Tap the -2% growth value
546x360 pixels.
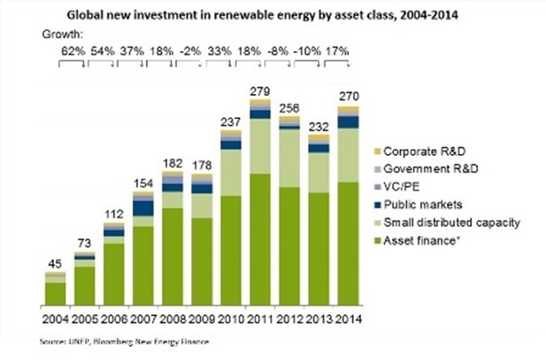click(x=188, y=51)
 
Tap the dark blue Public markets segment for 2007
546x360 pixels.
click(x=143, y=207)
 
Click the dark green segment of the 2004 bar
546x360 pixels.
click(x=55, y=295)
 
